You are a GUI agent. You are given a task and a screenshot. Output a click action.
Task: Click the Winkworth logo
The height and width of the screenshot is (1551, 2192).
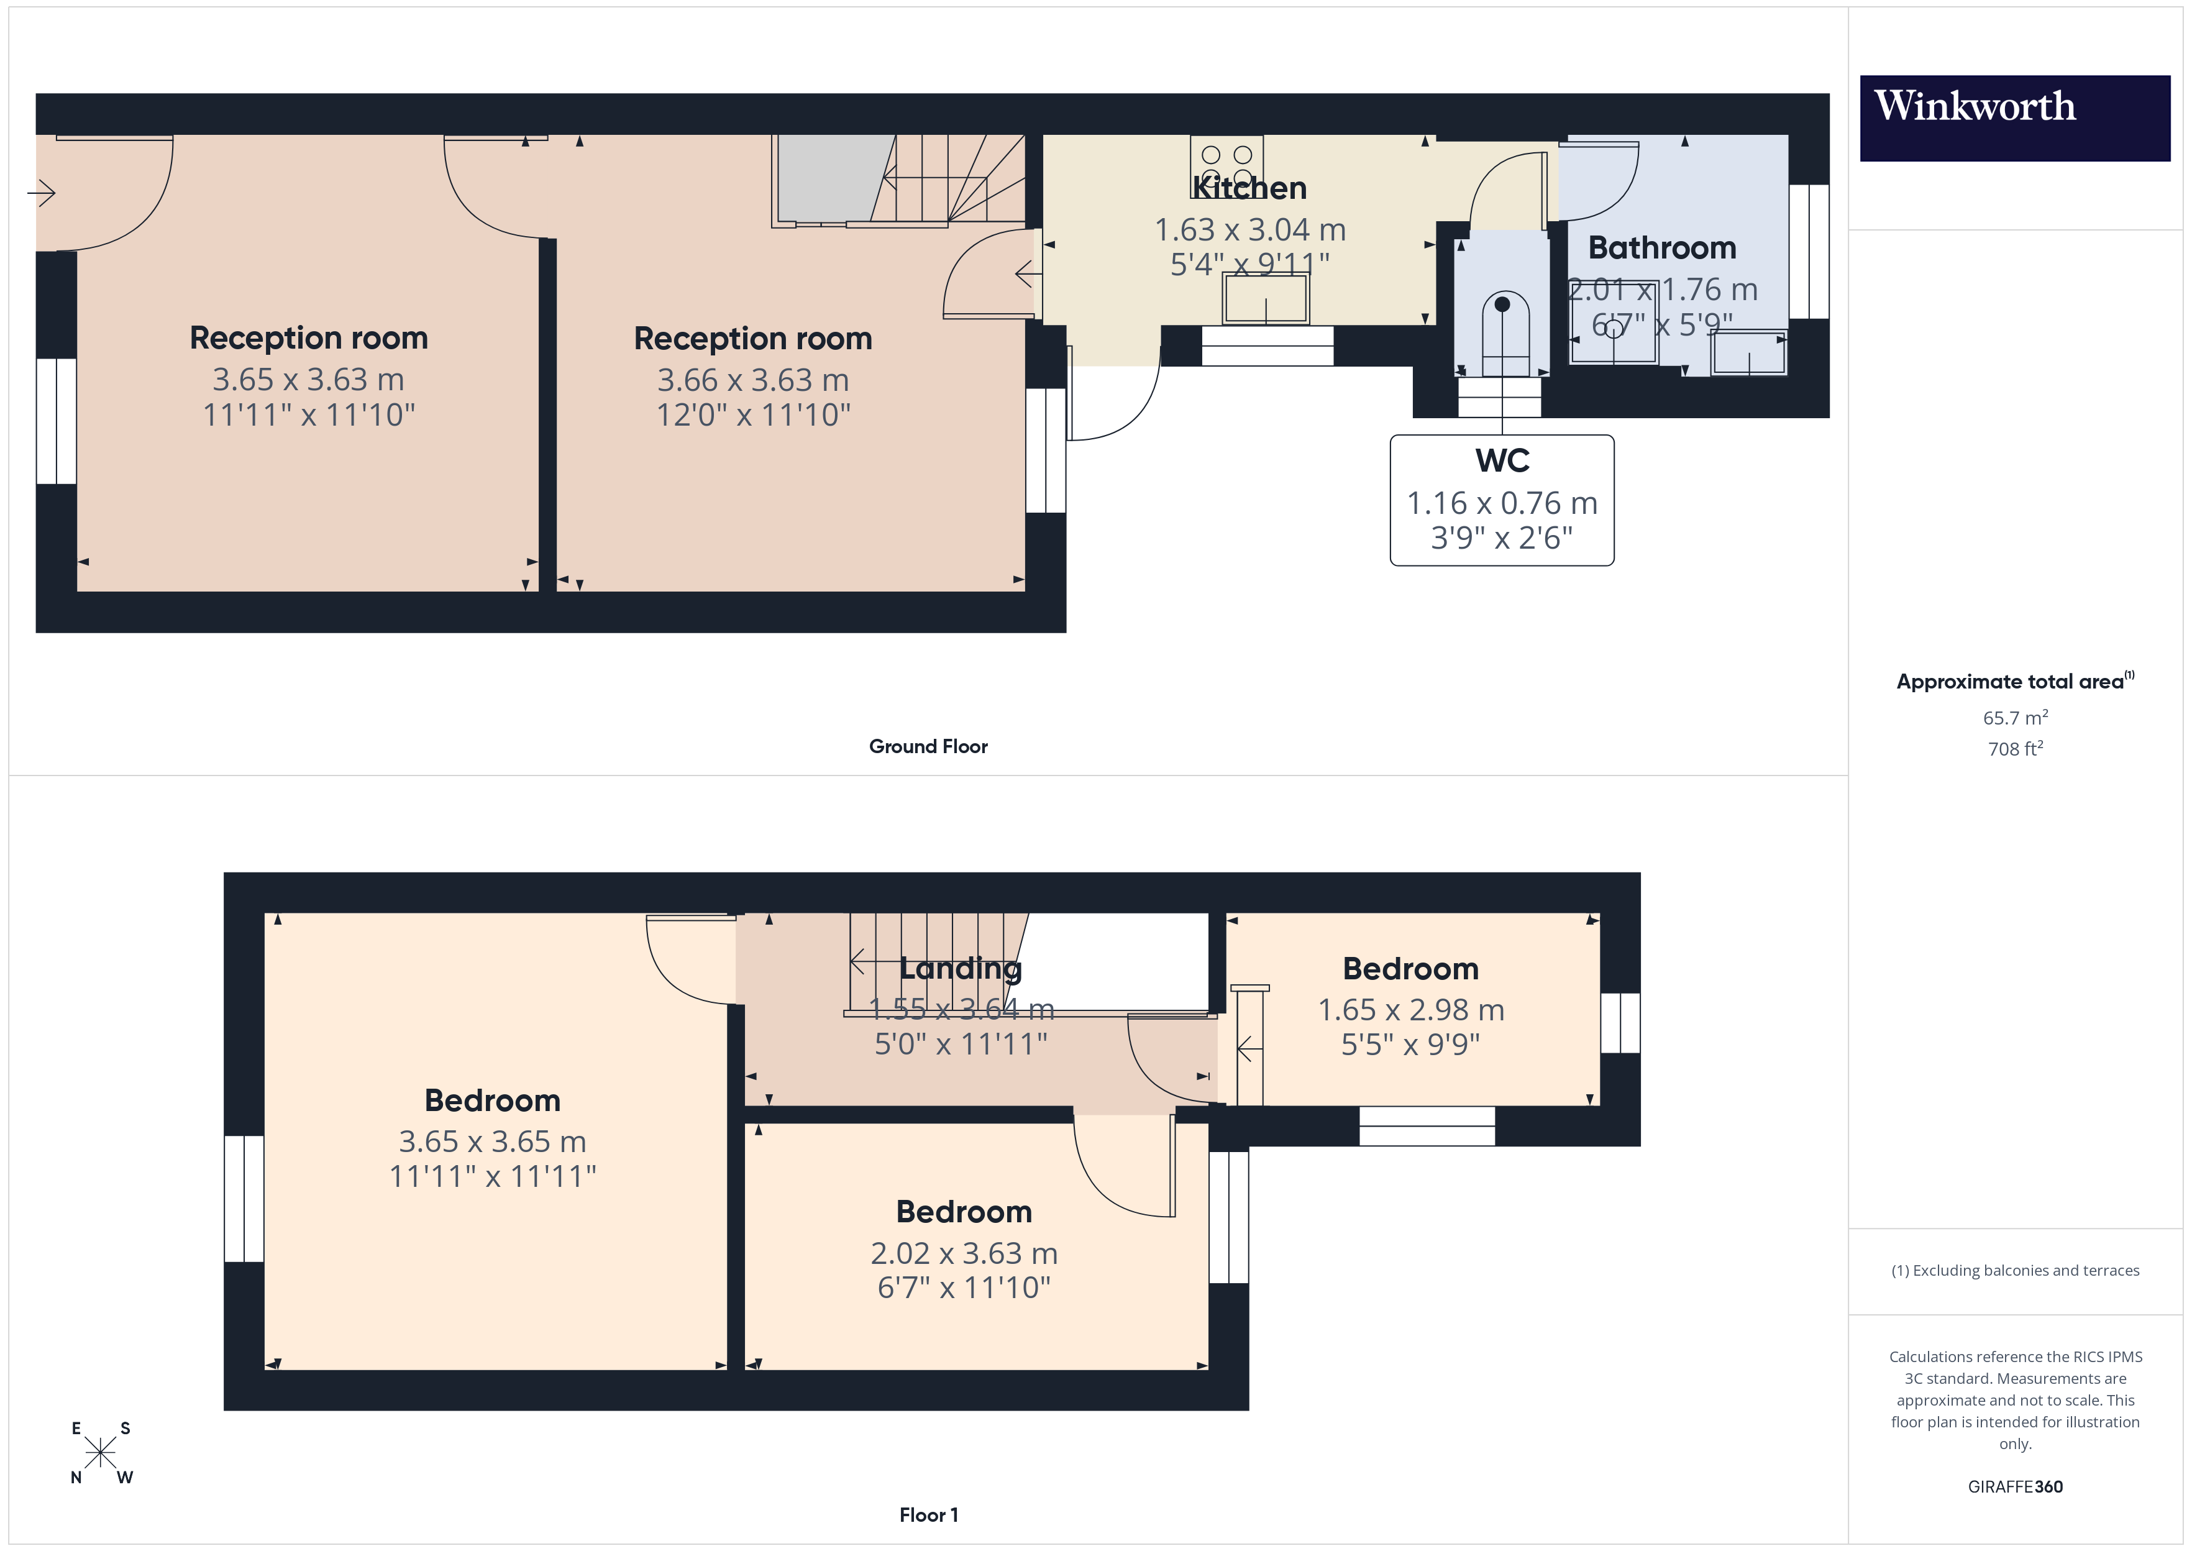2014,117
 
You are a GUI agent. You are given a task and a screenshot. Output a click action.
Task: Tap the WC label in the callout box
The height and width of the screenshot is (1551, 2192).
1502,461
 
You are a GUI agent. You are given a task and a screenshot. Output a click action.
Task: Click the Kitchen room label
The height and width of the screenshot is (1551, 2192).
1249,188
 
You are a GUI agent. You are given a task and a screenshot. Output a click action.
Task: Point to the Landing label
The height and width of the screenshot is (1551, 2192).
961,968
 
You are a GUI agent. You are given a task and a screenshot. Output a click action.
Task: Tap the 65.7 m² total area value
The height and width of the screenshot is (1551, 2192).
2014,717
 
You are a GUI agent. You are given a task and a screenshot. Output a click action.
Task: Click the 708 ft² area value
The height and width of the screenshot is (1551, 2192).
2014,749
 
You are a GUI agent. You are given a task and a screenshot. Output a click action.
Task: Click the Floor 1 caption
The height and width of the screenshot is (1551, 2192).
928,1515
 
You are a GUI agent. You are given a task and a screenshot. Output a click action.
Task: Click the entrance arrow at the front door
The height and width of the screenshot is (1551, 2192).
41,194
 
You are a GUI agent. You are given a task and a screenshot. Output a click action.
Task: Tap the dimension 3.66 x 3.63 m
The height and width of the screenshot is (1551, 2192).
752,380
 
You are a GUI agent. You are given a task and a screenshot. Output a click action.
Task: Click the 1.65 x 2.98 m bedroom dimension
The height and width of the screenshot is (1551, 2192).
1410,1010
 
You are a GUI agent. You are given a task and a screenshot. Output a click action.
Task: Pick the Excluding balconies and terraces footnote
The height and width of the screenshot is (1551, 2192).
2014,1270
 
